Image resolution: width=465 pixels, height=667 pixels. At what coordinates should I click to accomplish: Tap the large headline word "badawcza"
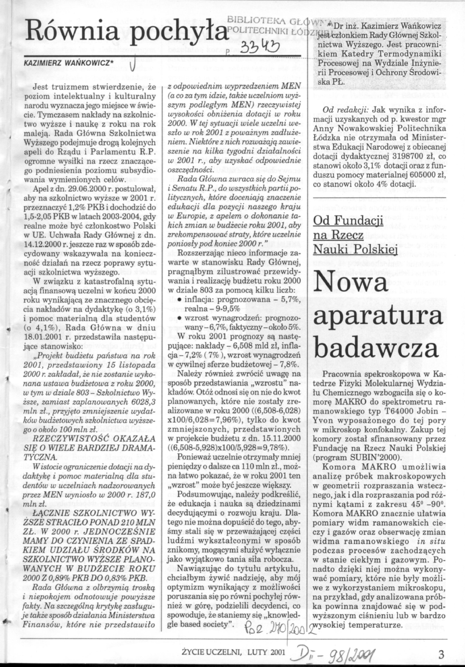coord(377,349)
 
